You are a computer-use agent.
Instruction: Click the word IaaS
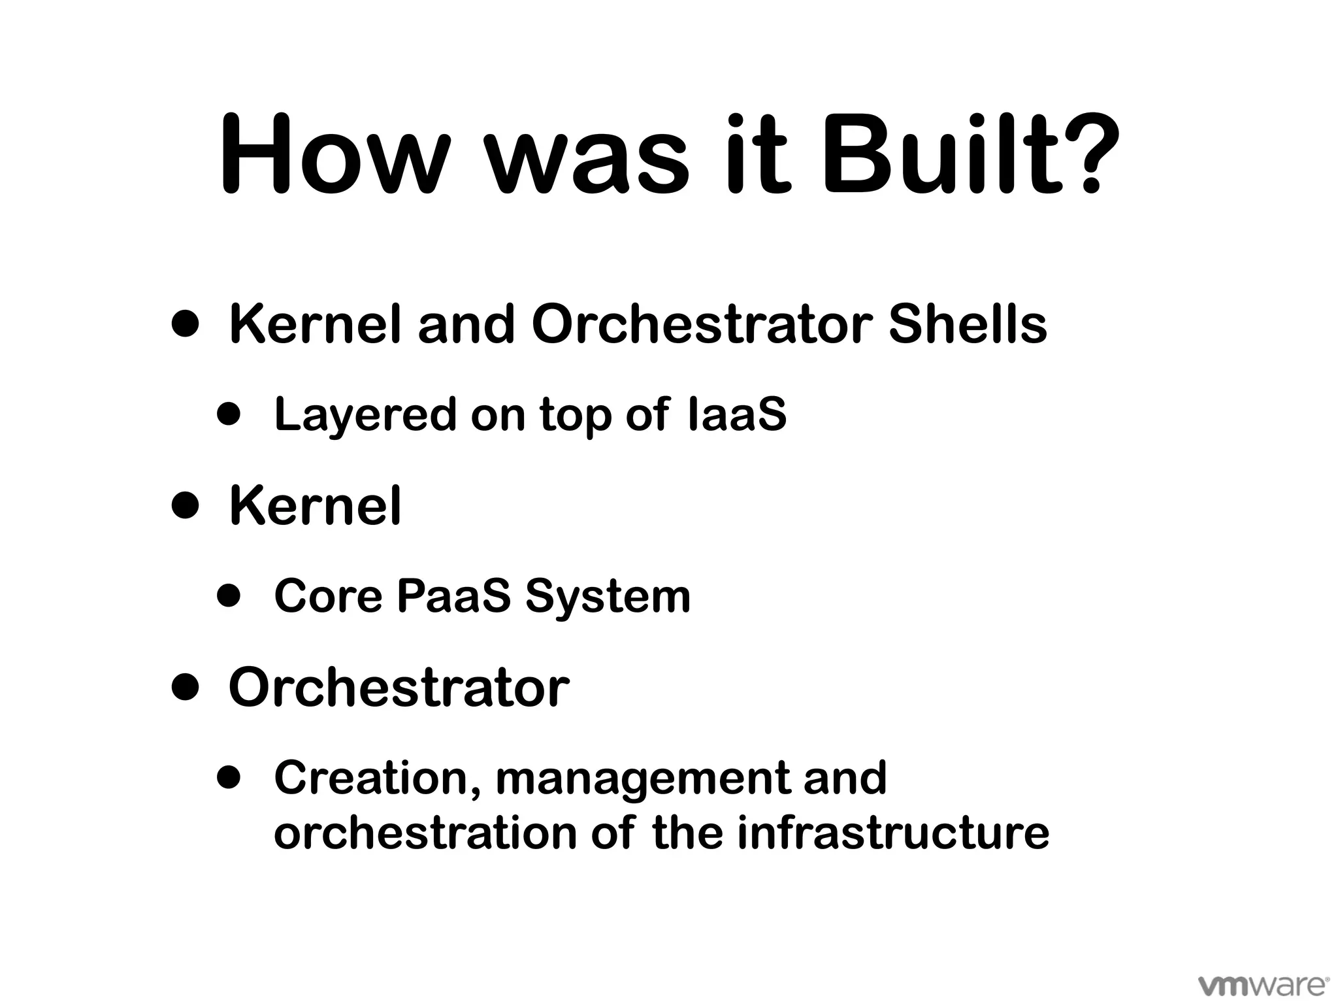(737, 414)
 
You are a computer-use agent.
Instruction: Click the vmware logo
(1263, 984)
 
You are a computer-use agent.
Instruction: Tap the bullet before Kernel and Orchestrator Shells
(186, 324)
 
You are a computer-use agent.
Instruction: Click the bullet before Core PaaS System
(229, 595)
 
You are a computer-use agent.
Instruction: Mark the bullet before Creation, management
(229, 777)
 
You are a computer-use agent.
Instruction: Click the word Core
(328, 595)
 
